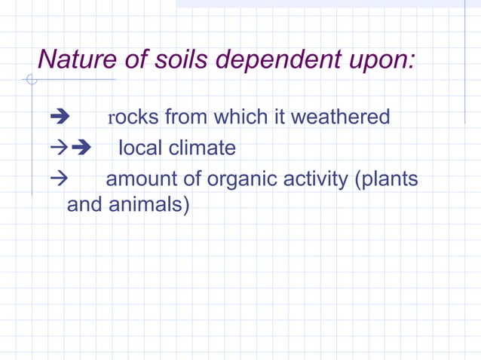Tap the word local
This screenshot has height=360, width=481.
coord(140,148)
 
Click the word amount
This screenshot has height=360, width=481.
coord(143,180)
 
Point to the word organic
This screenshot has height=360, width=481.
coord(244,180)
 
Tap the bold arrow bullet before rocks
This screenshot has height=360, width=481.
coord(59,118)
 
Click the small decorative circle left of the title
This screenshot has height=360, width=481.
coord(31,79)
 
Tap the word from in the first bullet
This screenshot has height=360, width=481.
coord(186,117)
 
